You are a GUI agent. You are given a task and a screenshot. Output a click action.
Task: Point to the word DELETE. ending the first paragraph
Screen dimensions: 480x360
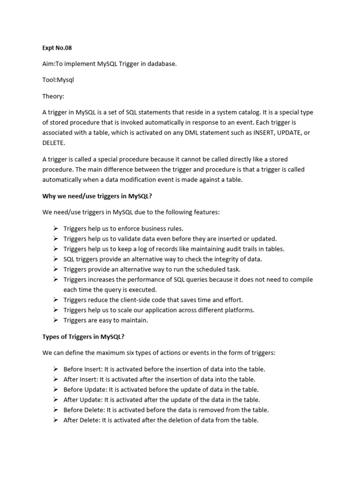coord(54,142)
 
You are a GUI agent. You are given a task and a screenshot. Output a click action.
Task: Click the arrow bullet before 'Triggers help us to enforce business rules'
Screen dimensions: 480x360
coord(55,229)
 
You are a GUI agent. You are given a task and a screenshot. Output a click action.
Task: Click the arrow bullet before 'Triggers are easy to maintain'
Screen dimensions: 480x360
coord(55,320)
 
